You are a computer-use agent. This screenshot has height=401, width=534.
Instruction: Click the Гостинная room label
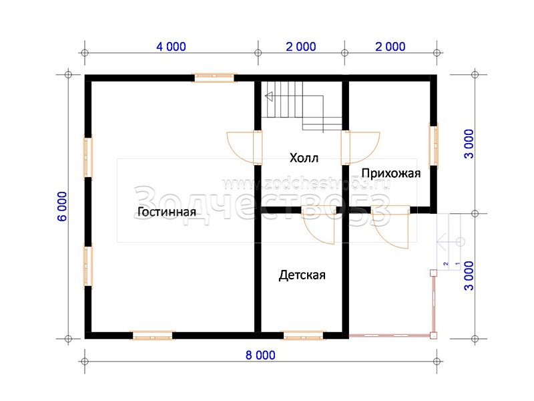166,212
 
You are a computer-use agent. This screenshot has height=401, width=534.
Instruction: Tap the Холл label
304,158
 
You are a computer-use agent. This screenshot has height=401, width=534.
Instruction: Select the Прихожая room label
391,174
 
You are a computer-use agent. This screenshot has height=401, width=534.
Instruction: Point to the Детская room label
302,275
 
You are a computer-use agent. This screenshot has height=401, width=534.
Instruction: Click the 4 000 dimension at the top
171,47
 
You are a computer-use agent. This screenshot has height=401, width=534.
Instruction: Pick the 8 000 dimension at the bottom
260,356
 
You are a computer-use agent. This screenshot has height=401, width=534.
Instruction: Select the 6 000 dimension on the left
62,207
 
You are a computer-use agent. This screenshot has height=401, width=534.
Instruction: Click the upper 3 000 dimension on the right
469,144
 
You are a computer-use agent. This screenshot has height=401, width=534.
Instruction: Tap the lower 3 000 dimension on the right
469,276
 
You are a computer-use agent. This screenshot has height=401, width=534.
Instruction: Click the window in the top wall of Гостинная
214,78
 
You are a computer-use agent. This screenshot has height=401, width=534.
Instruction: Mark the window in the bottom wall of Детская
303,336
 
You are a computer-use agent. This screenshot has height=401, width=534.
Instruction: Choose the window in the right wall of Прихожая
433,146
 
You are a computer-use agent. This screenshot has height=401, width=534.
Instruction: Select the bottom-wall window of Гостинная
152,336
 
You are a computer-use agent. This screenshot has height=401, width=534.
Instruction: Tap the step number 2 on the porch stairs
446,263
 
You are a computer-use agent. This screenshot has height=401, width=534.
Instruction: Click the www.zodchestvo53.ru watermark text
306,184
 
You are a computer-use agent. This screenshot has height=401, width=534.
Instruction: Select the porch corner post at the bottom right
433,336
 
